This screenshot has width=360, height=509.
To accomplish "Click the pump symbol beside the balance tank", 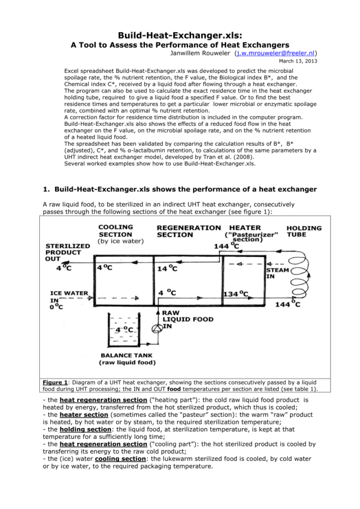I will [156, 329].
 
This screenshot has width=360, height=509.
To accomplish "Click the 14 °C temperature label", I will [167, 269].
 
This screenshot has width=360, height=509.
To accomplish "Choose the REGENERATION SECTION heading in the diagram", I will [188, 231].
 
